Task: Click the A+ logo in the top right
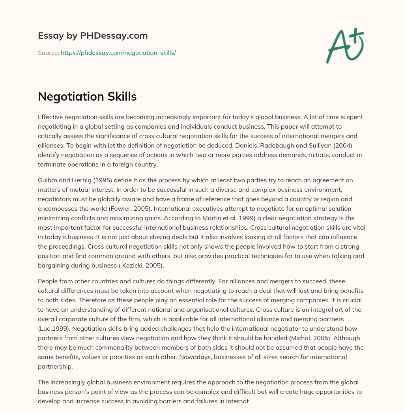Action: [344, 46]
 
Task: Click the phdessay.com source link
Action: [118, 52]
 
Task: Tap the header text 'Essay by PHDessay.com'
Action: [93, 36]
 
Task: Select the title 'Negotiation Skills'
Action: [87, 96]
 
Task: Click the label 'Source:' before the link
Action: [48, 52]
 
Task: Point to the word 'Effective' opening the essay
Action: [50, 117]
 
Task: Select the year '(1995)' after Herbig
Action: [95, 180]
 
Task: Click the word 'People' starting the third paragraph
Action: [47, 281]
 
